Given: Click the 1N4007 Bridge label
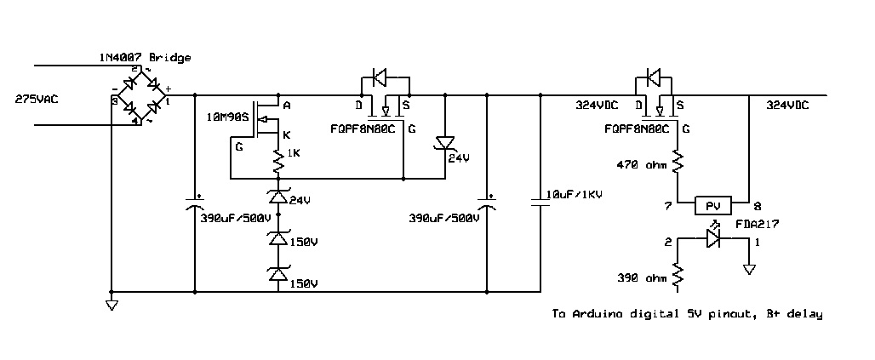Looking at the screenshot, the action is point(145,58).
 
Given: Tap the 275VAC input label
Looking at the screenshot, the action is point(37,100).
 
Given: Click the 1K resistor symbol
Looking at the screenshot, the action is point(277,162).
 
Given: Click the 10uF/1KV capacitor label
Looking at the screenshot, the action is point(574,194).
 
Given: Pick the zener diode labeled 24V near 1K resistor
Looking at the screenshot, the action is point(277,197).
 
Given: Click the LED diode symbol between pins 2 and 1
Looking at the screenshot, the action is point(713,238).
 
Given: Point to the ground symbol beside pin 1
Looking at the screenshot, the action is point(749,270).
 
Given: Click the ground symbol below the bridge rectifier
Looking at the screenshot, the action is point(112,305).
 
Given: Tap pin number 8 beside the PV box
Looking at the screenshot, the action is point(757,207).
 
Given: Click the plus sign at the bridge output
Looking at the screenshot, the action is point(169,89).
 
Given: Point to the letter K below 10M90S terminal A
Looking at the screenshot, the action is point(286,134).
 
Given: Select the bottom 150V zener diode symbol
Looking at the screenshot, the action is point(277,275).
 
